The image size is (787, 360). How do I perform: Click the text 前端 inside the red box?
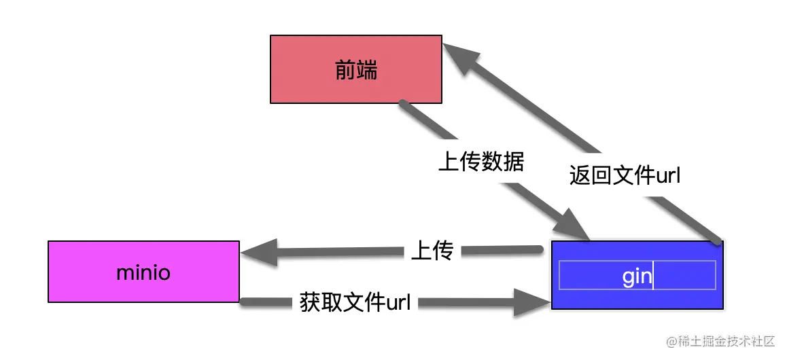pos(356,70)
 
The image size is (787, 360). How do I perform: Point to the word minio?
pos(143,273)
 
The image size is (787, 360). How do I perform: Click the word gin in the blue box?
pos(637,276)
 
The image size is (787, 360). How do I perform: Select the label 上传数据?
pos(480,162)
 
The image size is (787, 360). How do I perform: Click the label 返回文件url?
pos(625,176)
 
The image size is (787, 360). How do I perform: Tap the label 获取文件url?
pos(355,302)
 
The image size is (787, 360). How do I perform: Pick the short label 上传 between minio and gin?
pos(432,251)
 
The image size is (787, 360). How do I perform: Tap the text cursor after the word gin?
pos(653,276)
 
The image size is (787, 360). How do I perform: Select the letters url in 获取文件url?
pos(398,302)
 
